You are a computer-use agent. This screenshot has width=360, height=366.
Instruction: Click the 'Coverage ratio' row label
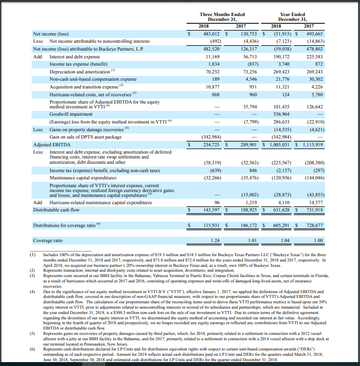point(48,241)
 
